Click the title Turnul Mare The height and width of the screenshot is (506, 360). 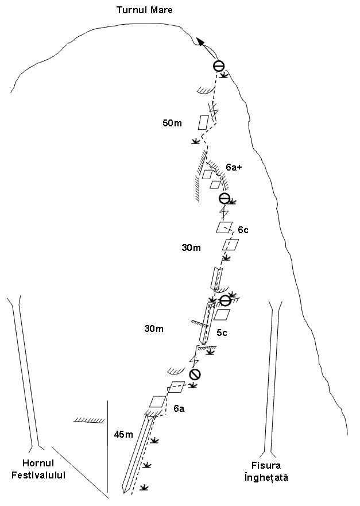(145, 10)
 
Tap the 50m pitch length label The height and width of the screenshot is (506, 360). (172, 123)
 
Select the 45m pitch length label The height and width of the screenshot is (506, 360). (123, 435)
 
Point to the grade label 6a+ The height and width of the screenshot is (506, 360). (234, 167)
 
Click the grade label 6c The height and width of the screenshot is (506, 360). (243, 230)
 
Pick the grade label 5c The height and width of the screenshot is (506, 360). (222, 333)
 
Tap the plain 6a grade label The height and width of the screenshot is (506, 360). (179, 408)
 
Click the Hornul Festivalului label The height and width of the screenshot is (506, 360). (38, 469)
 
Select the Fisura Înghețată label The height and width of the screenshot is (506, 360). (266, 471)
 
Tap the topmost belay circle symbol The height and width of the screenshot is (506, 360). (219, 66)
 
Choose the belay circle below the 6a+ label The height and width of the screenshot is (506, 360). (224, 198)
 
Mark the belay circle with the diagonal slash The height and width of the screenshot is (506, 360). (195, 374)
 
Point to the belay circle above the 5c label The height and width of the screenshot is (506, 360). (225, 300)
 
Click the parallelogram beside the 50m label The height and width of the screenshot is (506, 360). (203, 123)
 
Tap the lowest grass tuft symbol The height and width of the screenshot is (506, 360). (144, 488)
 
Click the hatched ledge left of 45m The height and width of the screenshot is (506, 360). (90, 420)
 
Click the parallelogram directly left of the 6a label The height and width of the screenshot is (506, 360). (157, 401)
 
